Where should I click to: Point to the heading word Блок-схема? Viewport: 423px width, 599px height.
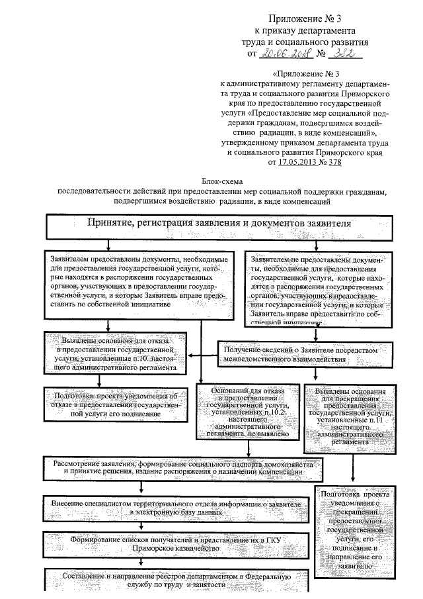click(x=222, y=181)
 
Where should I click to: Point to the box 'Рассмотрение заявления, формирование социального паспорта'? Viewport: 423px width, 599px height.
click(x=184, y=469)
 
